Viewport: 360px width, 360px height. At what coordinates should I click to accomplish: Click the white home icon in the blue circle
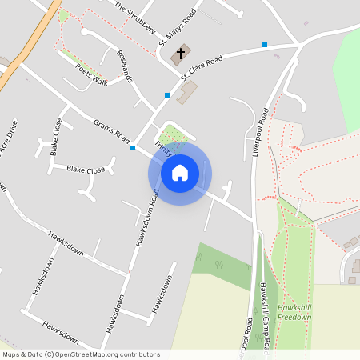click(x=180, y=173)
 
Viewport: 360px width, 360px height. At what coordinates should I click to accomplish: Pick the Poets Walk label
click(x=91, y=74)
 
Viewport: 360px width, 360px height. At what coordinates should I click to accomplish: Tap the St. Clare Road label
click(x=201, y=69)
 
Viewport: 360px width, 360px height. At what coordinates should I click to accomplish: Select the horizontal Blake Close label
click(x=86, y=170)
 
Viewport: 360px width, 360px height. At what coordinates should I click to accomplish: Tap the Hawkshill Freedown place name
click(x=294, y=312)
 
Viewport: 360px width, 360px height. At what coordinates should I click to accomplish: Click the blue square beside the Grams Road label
click(x=133, y=148)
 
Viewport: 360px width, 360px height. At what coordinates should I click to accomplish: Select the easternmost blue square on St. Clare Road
click(x=265, y=45)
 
